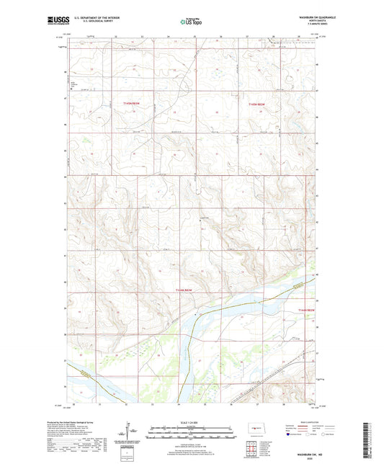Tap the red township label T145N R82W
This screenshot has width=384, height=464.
(257, 104)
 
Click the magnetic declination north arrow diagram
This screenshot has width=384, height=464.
(130, 432)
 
